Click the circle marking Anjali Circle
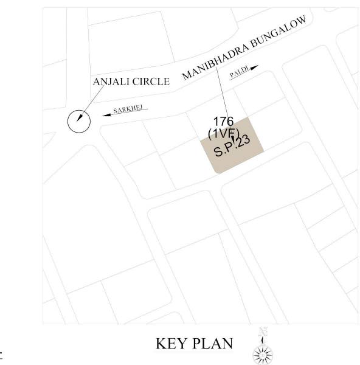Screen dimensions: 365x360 point(78,122)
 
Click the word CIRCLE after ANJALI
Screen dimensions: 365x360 point(151,82)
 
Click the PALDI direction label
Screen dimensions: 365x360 point(238,74)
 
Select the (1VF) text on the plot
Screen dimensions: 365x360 point(224,133)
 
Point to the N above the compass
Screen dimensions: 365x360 point(263,332)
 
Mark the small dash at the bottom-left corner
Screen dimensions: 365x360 point(2,352)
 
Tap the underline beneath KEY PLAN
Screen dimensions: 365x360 point(194,352)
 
